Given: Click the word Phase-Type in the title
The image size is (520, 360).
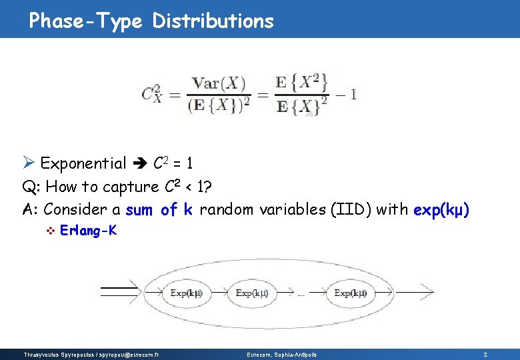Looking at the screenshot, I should pyautogui.click(x=85, y=21).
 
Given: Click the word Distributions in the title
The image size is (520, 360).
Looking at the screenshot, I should pyautogui.click(x=213, y=21).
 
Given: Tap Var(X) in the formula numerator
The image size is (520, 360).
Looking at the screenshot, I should pyautogui.click(x=219, y=84).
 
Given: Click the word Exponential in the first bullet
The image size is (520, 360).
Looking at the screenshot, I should pyautogui.click(x=83, y=163).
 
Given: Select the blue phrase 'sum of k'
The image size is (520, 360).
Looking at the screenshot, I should pyautogui.click(x=159, y=210).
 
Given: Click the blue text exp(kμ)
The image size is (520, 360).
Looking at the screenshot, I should pyautogui.click(x=441, y=210).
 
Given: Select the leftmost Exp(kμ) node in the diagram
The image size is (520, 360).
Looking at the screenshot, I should pyautogui.click(x=187, y=293).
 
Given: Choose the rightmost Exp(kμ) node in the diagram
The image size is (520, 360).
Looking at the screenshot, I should pyautogui.click(x=351, y=293).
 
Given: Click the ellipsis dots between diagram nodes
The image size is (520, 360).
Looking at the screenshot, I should pyautogui.click(x=301, y=294).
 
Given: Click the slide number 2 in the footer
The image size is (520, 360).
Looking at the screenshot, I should pyautogui.click(x=485, y=354).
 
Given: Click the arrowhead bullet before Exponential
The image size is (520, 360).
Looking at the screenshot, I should pyautogui.click(x=28, y=163).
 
